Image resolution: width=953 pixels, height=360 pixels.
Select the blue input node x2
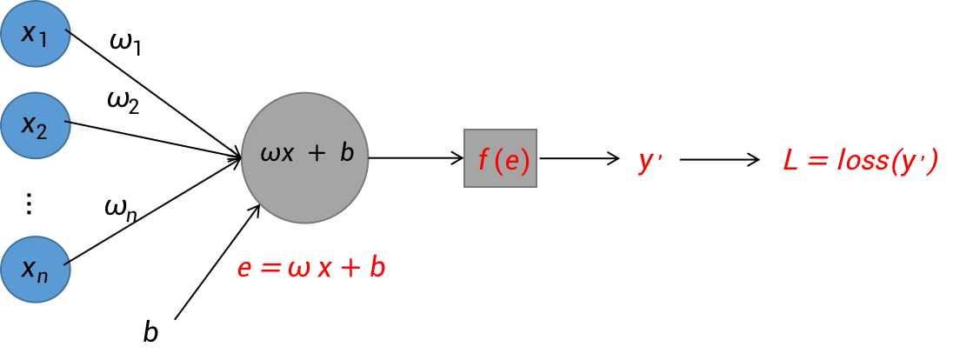coord(36,125)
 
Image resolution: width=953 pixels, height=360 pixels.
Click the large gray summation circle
coord(304,159)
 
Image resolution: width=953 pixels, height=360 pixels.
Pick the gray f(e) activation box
coord(500,158)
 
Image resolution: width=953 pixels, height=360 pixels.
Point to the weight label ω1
coord(126,44)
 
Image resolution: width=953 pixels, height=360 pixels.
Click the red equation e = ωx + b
coord(311,268)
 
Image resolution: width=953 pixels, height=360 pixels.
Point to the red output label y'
coord(650,161)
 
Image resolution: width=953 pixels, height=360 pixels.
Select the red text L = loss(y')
coord(860,161)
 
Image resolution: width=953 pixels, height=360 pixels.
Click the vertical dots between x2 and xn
coord(29,203)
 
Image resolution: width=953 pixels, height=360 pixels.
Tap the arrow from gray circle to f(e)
coord(417,158)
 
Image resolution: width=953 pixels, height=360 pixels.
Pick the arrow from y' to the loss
coord(720,160)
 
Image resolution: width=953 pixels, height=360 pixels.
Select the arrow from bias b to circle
coord(217,261)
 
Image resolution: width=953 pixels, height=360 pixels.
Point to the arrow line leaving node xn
coord(156,211)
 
